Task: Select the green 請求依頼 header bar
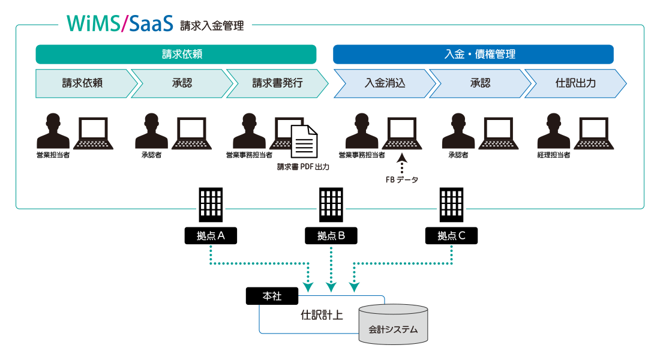(176, 54)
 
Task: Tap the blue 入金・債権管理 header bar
(473, 54)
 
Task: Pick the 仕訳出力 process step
(575, 83)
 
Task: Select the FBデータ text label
(402, 179)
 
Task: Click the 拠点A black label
(211, 236)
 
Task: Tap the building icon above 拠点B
(331, 205)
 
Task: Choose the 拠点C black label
(451, 236)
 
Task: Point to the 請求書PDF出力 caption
(303, 167)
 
